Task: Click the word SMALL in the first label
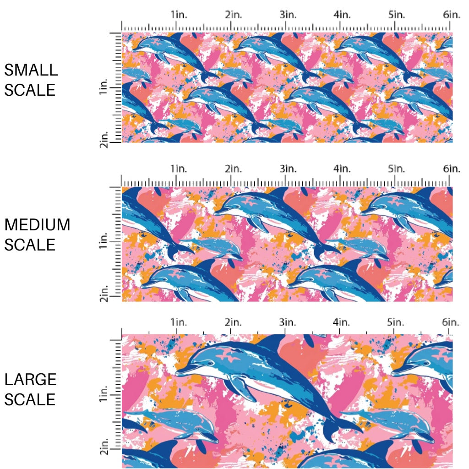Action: click(x=31, y=70)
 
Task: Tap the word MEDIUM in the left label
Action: click(x=37, y=225)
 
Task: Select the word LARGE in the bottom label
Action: click(x=31, y=379)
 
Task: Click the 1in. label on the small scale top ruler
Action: click(x=179, y=15)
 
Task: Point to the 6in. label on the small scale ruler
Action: click(x=452, y=15)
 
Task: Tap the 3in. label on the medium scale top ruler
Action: click(x=289, y=169)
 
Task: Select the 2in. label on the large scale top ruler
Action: click(x=234, y=322)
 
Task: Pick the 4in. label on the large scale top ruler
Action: click(x=342, y=322)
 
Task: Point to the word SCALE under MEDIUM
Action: click(x=30, y=245)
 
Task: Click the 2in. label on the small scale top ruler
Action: click(x=234, y=15)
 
